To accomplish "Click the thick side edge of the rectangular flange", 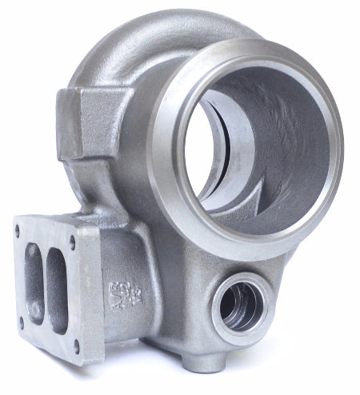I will [92, 296].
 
